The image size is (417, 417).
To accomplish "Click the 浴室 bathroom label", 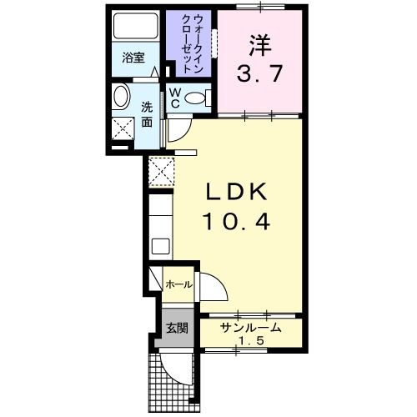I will click(x=133, y=58).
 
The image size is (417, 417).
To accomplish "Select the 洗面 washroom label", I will click(x=146, y=114).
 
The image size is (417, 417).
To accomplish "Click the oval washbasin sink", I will click(x=120, y=98).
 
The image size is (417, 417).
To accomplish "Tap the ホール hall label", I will click(x=178, y=284).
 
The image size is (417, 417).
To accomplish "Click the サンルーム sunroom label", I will click(x=250, y=328).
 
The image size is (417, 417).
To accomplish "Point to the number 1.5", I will click(x=250, y=342).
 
